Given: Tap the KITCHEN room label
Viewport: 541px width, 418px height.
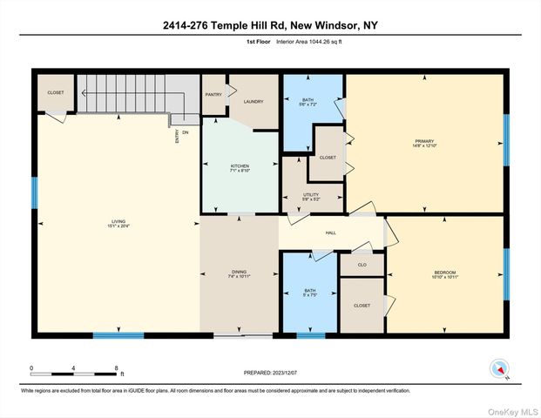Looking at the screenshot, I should pos(240,165).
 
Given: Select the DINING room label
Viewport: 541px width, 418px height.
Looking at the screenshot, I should pos(240,272).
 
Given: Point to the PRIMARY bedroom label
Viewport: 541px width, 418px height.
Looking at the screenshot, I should pos(424,141).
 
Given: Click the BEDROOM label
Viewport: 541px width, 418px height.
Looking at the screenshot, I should pos(445,273).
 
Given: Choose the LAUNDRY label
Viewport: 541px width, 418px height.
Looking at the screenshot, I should pos(253,101).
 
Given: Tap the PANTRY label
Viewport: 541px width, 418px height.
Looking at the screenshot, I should pos(213,94).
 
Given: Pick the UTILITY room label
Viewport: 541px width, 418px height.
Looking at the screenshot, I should pos(311,194).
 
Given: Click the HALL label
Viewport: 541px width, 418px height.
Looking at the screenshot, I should pos(331,233).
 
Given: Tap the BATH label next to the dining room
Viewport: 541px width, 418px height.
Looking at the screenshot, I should pos(310,291).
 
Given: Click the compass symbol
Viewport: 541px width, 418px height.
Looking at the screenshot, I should pos(498,368).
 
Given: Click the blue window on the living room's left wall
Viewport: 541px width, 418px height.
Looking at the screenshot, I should pos(35,192).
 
